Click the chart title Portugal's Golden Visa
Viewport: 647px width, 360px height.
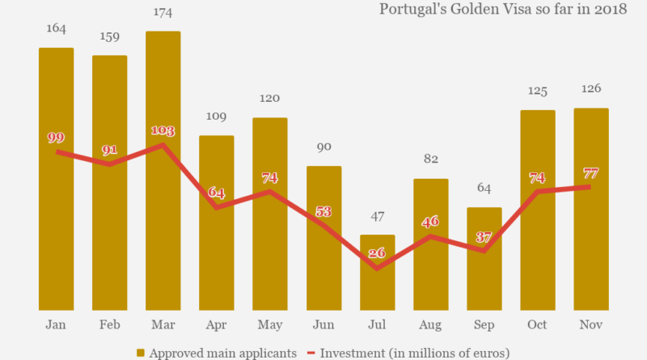pos(503,10)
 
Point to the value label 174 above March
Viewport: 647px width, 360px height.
pos(163,14)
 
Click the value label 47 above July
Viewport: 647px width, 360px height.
pos(377,217)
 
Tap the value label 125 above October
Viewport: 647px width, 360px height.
pos(538,92)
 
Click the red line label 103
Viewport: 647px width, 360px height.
pos(163,129)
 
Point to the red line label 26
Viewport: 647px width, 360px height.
pos(377,252)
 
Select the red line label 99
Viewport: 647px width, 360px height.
pos(56,137)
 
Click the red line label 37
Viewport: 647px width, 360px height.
pos(484,237)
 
